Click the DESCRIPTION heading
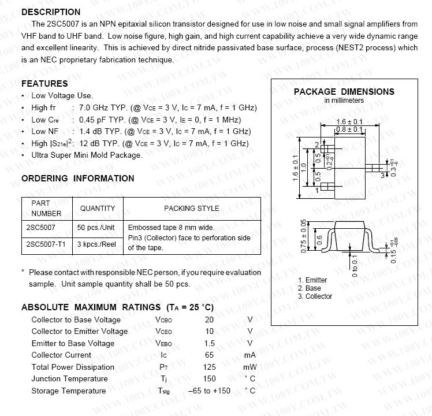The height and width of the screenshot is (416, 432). pos(51,12)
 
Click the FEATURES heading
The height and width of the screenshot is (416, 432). pos(44,84)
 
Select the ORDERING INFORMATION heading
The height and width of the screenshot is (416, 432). pos(77,179)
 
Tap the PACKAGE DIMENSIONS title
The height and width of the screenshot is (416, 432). pos(344,91)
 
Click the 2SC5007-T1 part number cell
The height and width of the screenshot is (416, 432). pos(46,244)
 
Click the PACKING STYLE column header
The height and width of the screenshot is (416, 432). pos(191,208)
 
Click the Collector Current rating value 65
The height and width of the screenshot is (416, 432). pos(209,355)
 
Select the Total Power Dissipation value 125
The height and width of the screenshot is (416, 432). pos(209,367)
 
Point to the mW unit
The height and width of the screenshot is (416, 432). pos(249,367)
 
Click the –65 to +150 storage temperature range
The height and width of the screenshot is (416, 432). pos(209,391)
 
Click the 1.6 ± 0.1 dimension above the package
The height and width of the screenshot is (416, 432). pos(349,122)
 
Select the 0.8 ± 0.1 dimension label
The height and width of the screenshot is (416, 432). pos(349,129)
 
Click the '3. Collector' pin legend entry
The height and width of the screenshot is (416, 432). pos(315,296)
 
